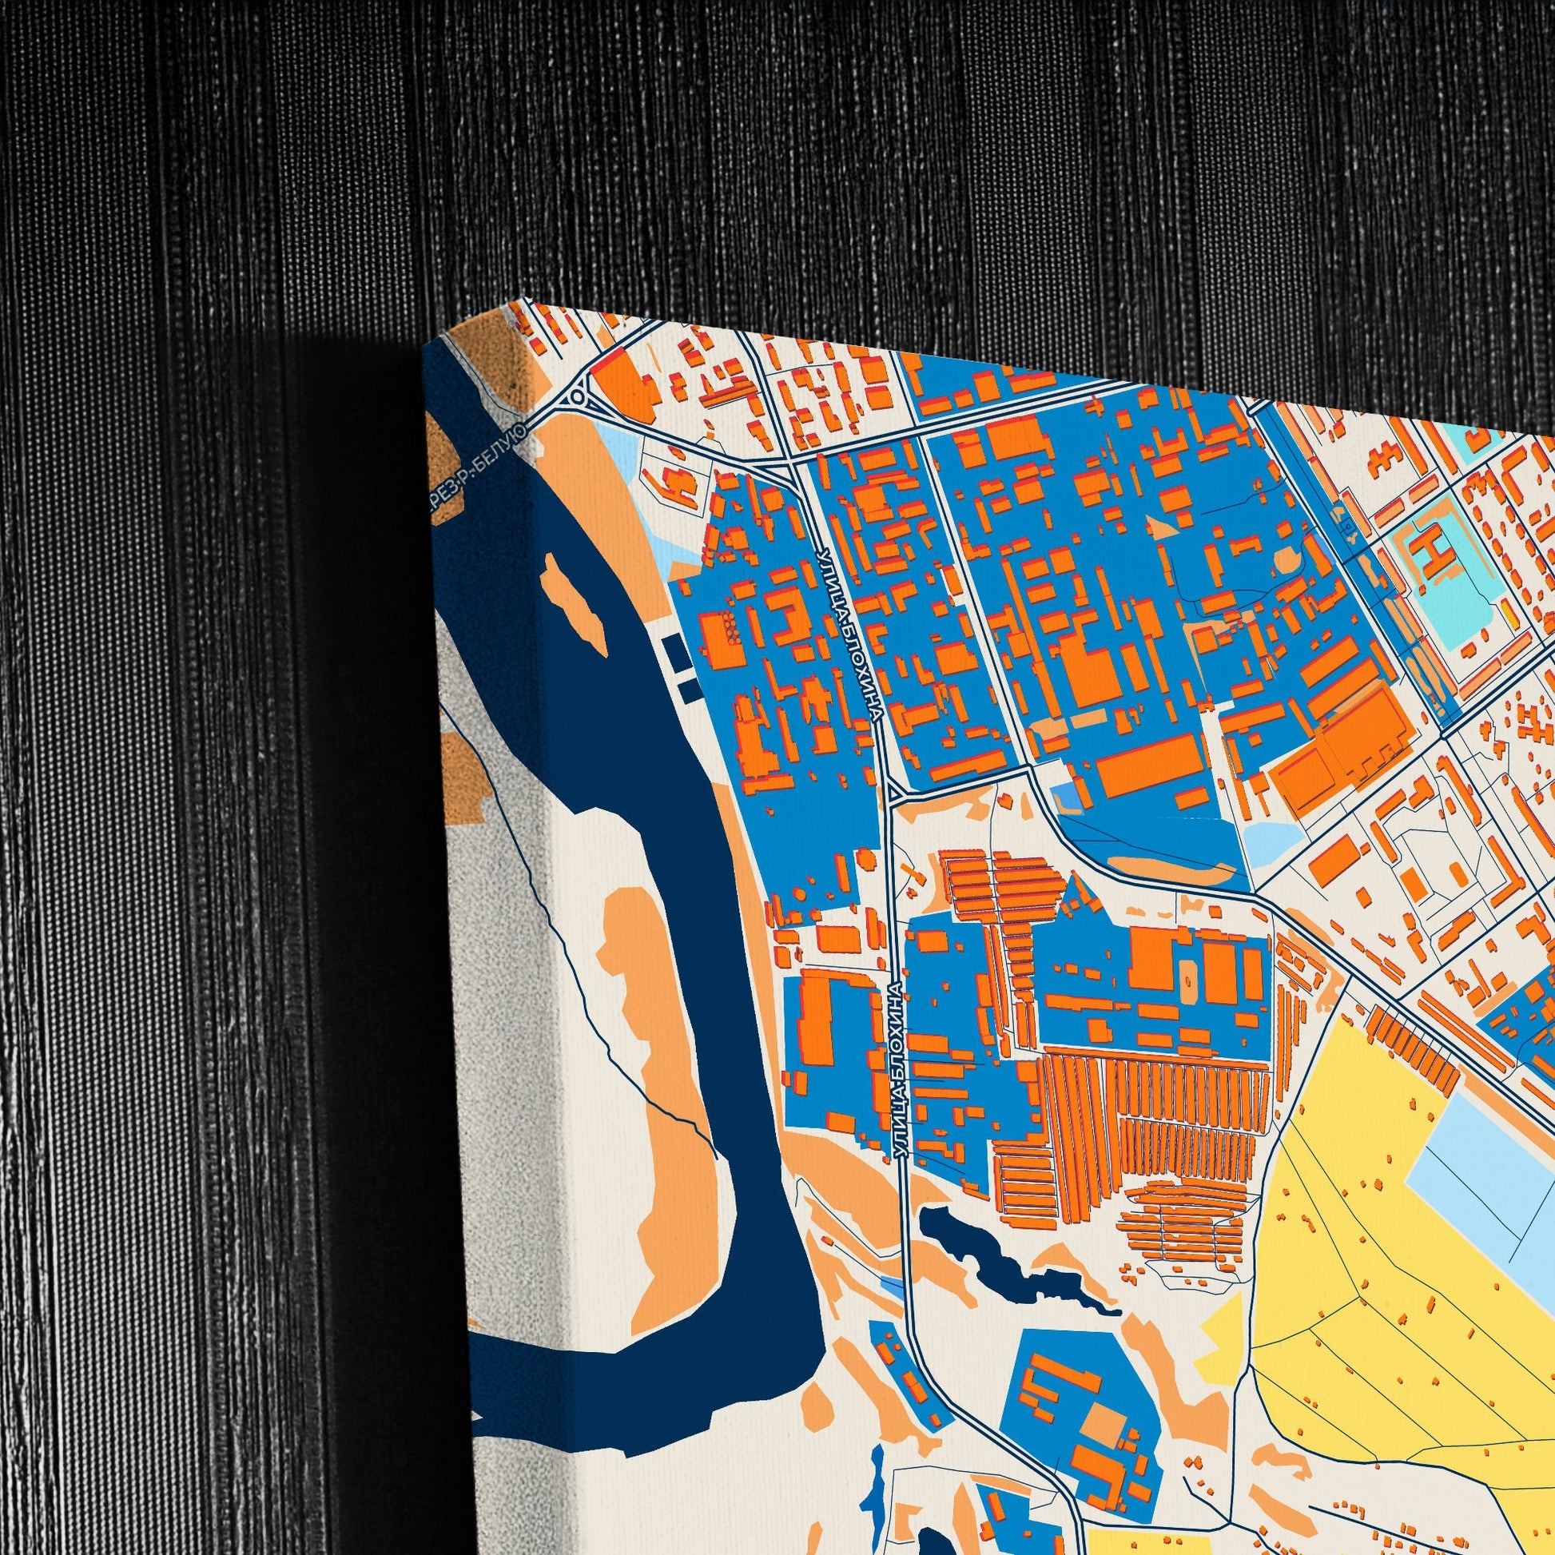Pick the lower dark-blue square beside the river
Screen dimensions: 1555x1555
click(688, 689)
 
